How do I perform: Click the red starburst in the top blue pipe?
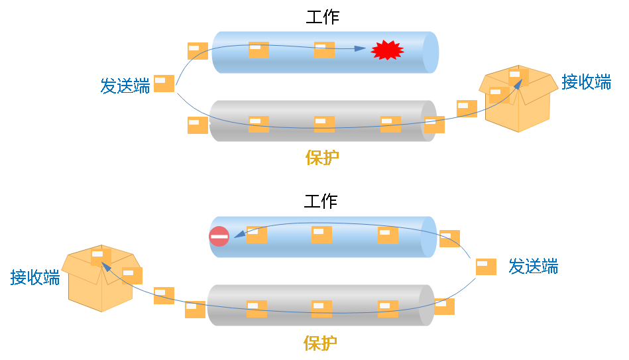point(387,50)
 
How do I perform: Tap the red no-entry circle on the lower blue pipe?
point(219,236)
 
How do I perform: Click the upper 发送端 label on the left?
point(125,86)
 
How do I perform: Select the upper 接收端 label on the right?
point(586,82)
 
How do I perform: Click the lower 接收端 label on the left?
point(34,277)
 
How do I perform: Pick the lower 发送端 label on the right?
point(533,267)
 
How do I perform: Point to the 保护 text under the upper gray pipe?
point(322,157)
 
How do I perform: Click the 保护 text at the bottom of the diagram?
point(320,343)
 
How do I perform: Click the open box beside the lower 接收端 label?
point(100,278)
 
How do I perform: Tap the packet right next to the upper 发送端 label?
point(164,83)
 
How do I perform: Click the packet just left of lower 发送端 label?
point(486,267)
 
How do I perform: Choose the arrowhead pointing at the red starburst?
point(361,48)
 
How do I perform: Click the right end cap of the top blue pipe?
point(430,52)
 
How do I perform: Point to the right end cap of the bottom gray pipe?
point(427,305)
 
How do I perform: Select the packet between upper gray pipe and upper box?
point(467,108)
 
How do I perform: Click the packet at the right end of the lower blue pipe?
point(449,239)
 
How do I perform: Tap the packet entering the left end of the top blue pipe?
point(198,51)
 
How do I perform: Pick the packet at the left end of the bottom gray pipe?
point(195,310)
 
